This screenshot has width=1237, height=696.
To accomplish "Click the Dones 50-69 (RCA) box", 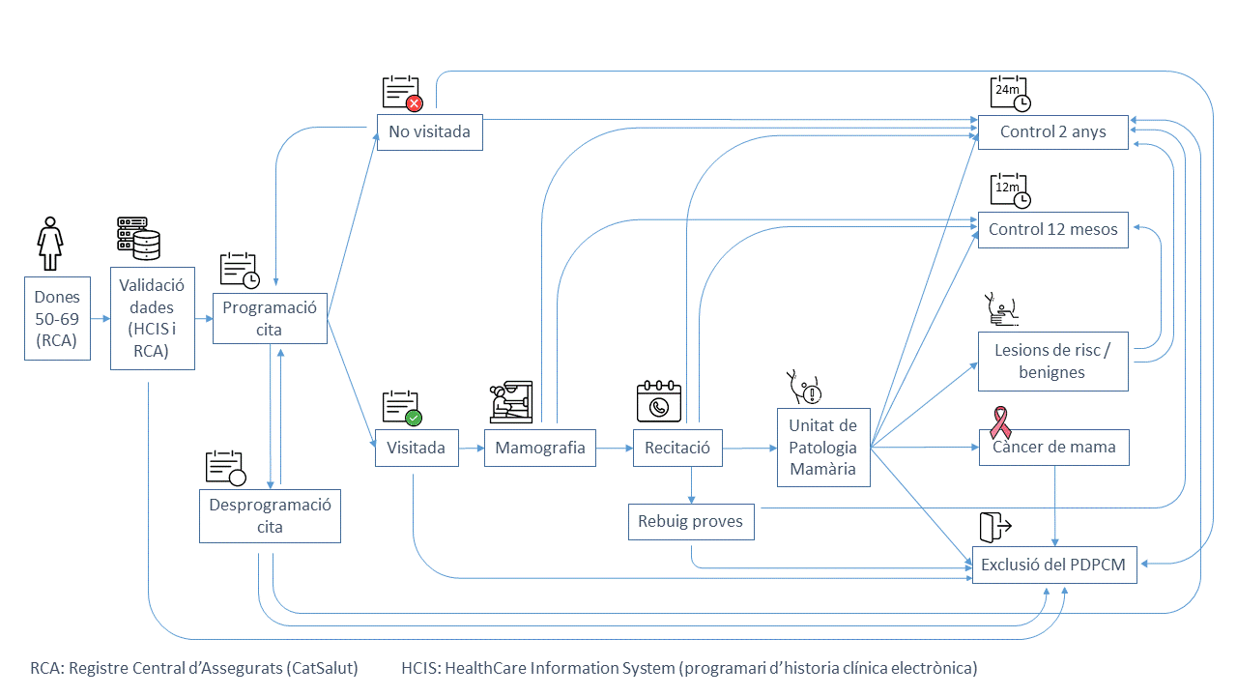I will (x=57, y=318).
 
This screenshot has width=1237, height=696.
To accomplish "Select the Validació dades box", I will (x=153, y=318).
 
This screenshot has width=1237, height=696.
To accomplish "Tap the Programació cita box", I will (x=270, y=318).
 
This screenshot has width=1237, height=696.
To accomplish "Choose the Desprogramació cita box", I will (x=270, y=515).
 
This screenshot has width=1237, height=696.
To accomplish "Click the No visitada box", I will (x=429, y=131).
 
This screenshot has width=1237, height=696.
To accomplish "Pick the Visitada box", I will (x=417, y=448).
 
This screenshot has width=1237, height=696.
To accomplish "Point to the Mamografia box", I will (x=539, y=448).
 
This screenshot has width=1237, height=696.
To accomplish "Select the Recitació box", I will (x=676, y=448).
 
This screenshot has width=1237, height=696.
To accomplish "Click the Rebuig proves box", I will (x=690, y=522).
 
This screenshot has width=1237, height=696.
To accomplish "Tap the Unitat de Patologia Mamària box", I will (x=823, y=448).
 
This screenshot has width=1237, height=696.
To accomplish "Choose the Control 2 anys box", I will (x=1052, y=131).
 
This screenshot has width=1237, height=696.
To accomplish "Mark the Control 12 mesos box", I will (x=1052, y=230).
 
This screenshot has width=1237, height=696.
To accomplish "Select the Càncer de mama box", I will (x=1052, y=448).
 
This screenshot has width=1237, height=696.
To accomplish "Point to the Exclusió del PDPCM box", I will (x=1053, y=565).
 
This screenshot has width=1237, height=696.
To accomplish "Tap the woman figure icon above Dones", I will (x=49, y=245).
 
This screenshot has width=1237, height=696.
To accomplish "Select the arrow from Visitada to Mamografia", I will (x=472, y=449).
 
